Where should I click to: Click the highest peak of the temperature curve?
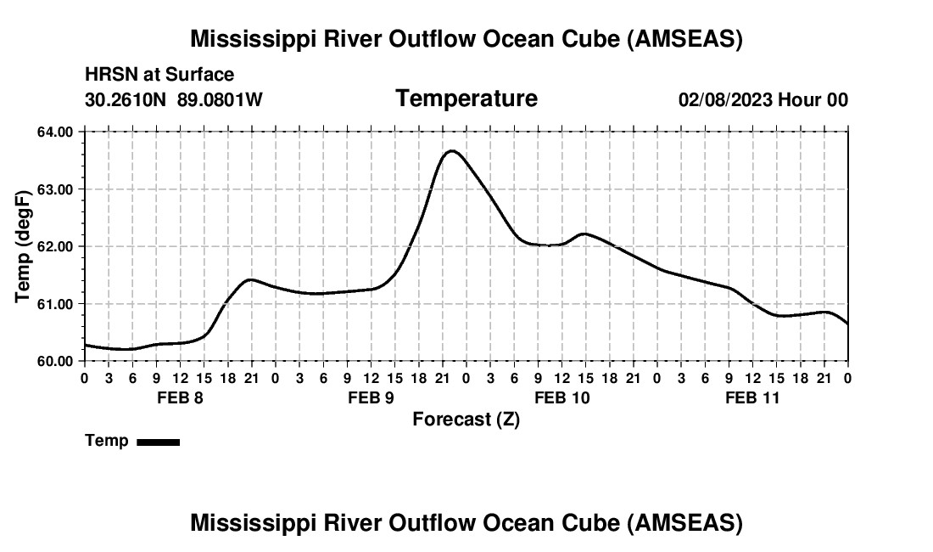click(451, 151)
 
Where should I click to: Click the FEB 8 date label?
click(180, 397)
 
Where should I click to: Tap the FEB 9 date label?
click(371, 397)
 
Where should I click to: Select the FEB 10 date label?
click(561, 397)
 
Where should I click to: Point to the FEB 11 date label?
click(752, 397)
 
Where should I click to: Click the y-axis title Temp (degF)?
click(23, 246)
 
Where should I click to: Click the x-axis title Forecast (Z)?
click(466, 420)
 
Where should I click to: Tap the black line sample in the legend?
click(159, 442)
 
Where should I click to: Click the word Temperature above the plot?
click(466, 99)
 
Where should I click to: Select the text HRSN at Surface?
click(159, 76)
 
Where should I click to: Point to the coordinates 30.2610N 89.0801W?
click(174, 100)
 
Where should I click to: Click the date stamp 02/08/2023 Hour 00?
click(763, 100)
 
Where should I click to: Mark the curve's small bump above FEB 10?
click(584, 234)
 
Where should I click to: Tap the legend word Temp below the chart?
click(107, 441)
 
